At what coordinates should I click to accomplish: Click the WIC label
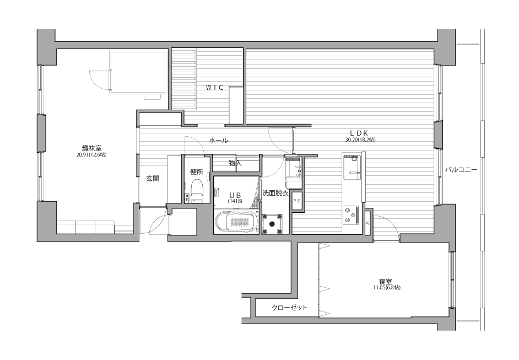pos(214,88)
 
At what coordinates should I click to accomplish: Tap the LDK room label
pos(359,133)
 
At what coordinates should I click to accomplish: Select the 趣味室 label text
pos(91,148)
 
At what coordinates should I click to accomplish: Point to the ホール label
pos(219,141)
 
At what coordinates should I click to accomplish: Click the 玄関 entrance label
pos(153,179)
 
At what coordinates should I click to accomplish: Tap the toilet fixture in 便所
pos(197,190)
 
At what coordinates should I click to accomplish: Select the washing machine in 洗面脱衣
pos(272,224)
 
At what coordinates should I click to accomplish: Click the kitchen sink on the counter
pos(352,167)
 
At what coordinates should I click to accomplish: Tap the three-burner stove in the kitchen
pos(351,215)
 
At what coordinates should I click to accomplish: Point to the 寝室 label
pos(386,282)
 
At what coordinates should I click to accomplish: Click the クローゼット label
pos(289,308)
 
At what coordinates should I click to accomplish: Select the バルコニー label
pos(461,170)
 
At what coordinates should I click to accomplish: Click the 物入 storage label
pos(235,163)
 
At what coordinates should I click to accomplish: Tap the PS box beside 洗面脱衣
pos(297,201)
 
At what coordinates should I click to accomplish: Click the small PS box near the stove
pos(367,223)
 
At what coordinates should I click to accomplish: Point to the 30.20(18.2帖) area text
pos(360,140)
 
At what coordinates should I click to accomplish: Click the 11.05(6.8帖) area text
pos(386,287)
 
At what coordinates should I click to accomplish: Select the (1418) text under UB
pos(235,201)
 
